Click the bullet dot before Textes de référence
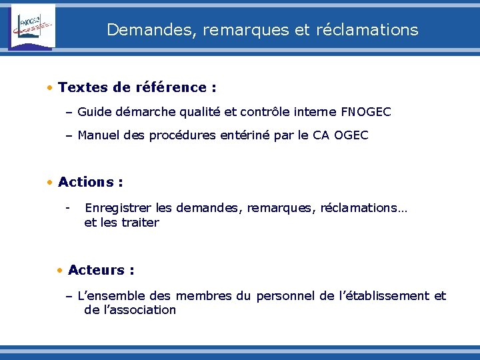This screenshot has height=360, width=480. pos(50,87)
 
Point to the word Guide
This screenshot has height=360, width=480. pos(95,112)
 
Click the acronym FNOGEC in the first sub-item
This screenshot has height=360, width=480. pos(365,112)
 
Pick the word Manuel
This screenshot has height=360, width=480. pos(99,135)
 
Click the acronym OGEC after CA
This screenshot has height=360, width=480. pos(351,135)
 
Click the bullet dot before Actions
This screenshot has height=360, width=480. pos(50,182)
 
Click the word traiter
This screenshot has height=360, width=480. pos(140,223)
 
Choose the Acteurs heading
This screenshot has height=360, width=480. pos(97,270)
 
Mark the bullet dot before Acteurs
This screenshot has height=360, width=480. pos(60,270)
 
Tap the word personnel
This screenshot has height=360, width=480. pos(286,296)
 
